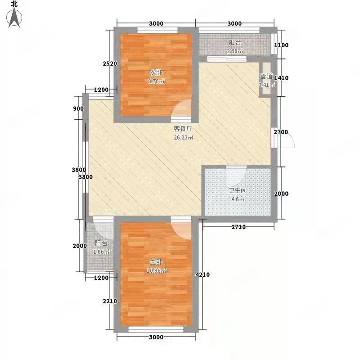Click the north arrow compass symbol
click(14, 18)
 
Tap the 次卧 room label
click(156, 72)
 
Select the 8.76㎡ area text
click(156, 81)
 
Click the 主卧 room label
click(156, 262)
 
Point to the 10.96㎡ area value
click(156, 271)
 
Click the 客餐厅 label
click(183, 129)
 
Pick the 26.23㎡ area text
click(184, 138)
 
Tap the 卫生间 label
click(238, 190)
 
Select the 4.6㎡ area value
click(238, 199)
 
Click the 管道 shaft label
click(266, 76)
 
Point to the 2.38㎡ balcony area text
click(235, 51)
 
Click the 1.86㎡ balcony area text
click(101, 252)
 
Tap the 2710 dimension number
click(238, 227)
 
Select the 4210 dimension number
click(202, 274)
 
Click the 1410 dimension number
click(281, 78)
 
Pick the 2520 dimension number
click(110, 63)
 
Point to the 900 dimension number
click(78, 108)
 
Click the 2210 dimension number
click(110, 301)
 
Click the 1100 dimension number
click(281, 45)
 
